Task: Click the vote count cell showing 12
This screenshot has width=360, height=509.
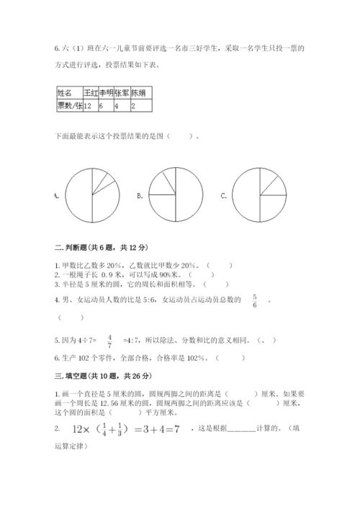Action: click(91, 105)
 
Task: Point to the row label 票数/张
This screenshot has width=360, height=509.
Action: click(69, 105)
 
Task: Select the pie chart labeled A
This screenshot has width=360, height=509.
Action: click(92, 195)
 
